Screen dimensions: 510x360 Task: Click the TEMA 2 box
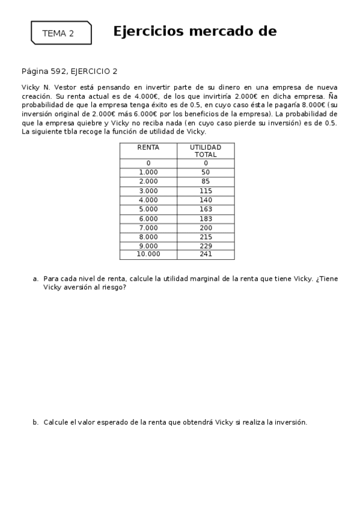pos(61,33)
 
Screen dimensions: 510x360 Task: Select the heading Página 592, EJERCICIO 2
pos(69,71)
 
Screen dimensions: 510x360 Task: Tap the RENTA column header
pos(148,147)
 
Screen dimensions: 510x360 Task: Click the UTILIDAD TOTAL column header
pos(206,150)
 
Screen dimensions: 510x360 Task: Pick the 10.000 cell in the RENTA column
pos(148,254)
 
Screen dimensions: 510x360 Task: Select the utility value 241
pos(206,254)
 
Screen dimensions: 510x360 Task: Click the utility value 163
pos(206,209)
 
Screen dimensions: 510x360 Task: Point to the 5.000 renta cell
pos(148,209)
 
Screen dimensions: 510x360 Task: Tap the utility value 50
pos(206,172)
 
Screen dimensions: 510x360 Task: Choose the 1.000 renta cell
pos(148,172)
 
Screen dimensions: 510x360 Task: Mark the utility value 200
pos(206,228)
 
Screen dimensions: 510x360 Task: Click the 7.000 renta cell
pos(148,228)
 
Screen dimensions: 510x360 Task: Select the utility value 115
pos(206,191)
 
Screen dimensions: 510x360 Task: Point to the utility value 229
pos(206,246)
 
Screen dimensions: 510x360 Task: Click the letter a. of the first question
pos(35,279)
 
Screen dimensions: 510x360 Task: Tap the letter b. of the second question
pos(35,422)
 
